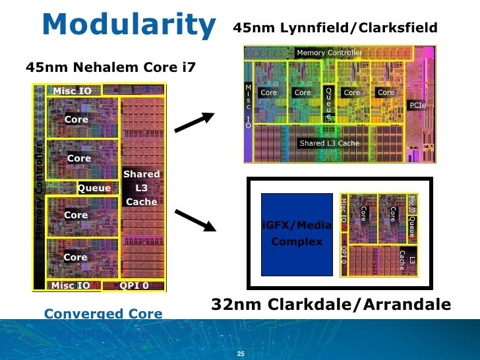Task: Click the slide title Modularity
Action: point(129,24)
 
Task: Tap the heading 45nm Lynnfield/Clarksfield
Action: point(335,28)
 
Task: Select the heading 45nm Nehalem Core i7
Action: point(110,67)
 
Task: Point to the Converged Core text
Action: point(103,314)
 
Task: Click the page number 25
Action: point(241,355)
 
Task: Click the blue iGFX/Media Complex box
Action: point(297,233)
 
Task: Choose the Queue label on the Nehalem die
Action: point(94,188)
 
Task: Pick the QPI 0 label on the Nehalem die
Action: point(134,285)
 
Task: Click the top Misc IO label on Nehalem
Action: point(72,90)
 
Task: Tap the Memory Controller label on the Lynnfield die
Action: point(330,52)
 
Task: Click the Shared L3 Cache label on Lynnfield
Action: point(330,143)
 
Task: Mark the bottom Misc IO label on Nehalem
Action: point(71,285)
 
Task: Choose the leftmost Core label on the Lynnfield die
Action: point(268,93)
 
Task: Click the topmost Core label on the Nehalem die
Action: point(76,119)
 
